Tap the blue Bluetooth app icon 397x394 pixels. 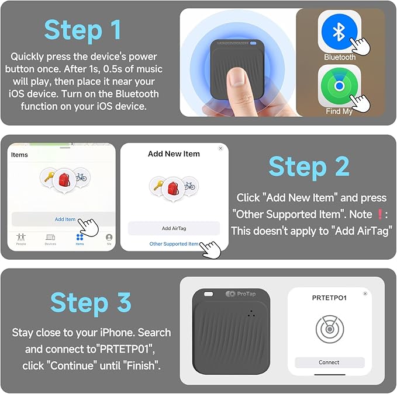tap(339, 32)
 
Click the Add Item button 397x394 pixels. tap(65, 219)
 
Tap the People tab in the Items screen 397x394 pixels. tap(21, 239)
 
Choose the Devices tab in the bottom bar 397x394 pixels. tap(50, 239)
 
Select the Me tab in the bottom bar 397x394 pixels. tap(109, 239)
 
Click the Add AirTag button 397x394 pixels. tap(174, 228)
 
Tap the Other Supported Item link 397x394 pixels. tap(174, 244)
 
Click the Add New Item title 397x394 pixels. tap(174, 154)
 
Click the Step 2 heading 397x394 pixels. tap(309, 167)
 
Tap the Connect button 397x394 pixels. tap(329, 362)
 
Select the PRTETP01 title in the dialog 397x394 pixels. tap(329, 298)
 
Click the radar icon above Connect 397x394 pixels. tap(329, 330)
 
